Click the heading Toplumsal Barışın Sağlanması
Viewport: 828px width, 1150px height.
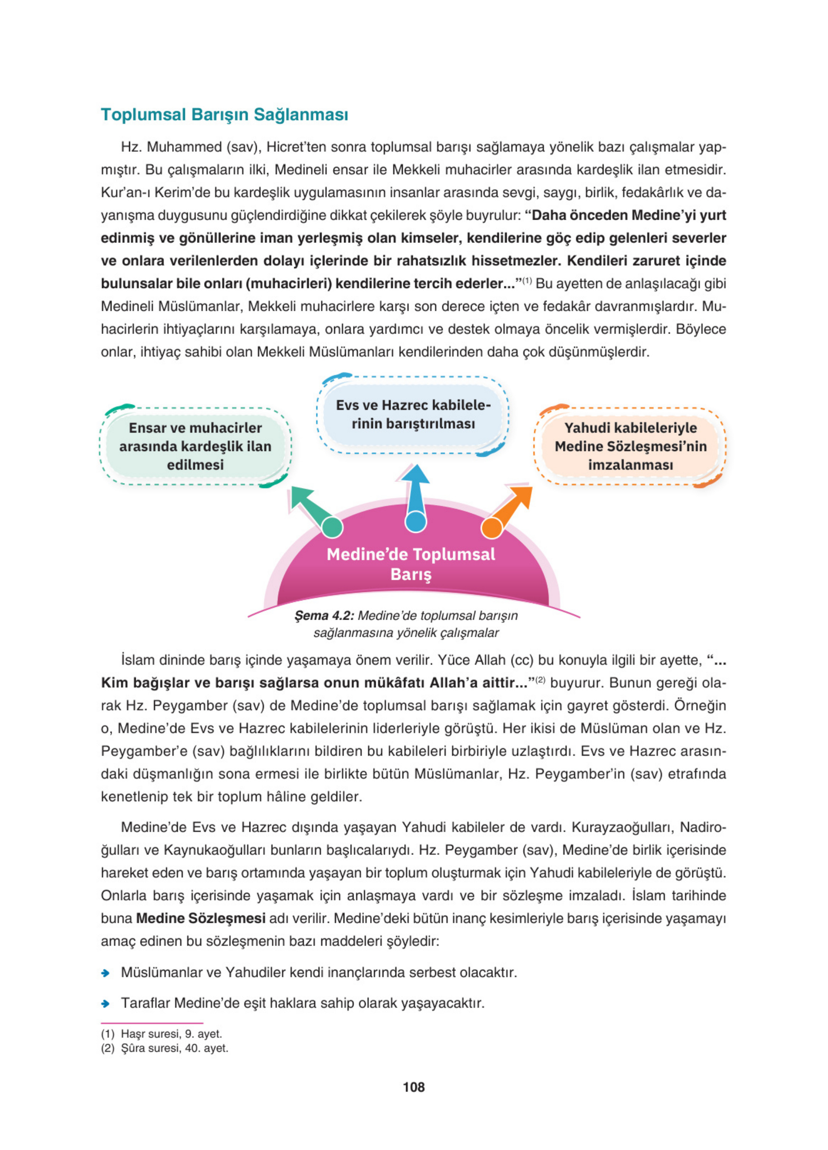(224, 115)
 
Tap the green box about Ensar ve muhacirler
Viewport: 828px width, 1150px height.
(195, 446)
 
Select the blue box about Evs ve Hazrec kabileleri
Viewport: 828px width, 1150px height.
(413, 414)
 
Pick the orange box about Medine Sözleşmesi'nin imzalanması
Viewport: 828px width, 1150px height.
(630, 446)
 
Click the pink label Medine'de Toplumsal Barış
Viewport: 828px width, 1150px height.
(411, 564)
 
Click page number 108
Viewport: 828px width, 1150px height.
(413, 1086)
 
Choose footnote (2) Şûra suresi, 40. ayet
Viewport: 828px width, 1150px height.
(164, 1048)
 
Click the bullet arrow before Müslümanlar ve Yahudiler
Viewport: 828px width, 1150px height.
(105, 973)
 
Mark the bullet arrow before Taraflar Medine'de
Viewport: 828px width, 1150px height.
(105, 1003)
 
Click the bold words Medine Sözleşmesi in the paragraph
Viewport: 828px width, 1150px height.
(201, 918)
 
